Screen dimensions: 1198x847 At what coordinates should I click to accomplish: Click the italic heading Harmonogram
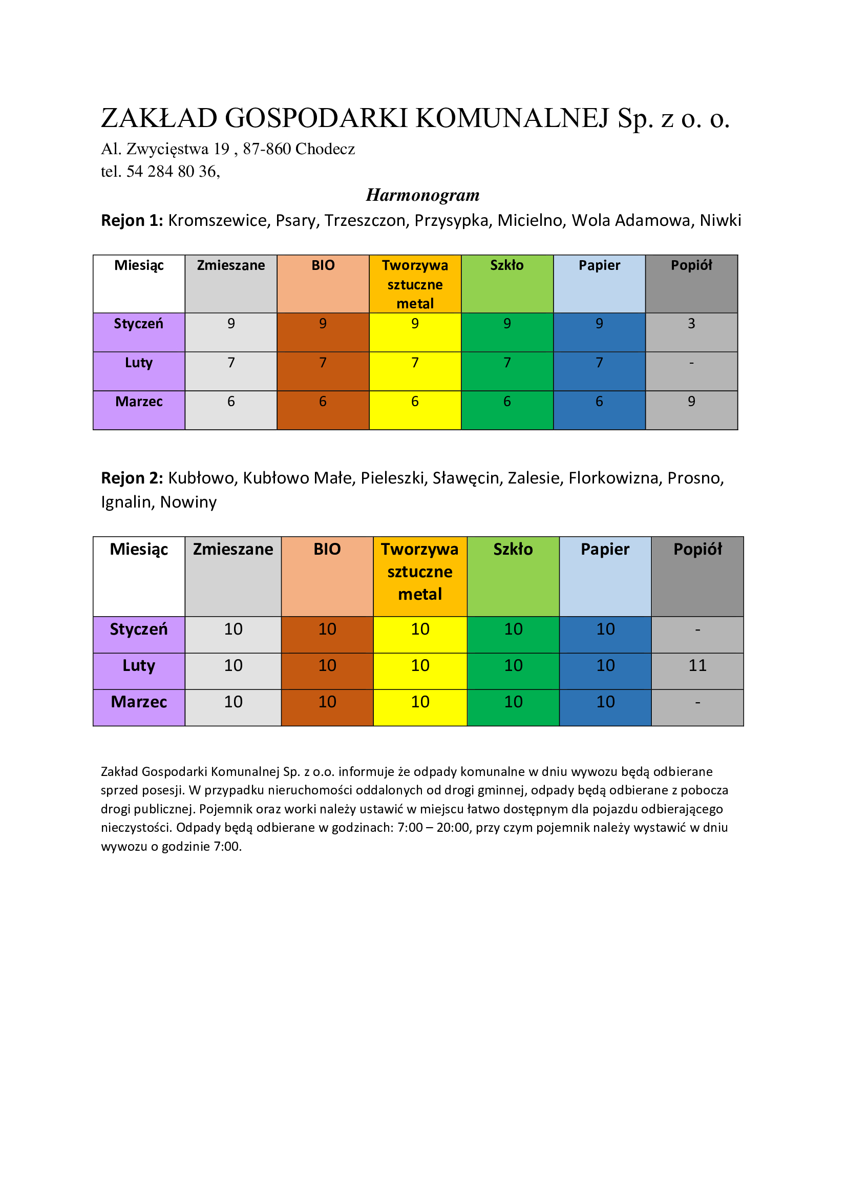422,195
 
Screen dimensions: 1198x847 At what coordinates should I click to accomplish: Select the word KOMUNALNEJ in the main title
512,118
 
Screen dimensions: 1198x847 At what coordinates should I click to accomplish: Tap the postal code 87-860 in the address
266,149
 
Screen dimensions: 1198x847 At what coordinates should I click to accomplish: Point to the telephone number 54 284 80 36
172,172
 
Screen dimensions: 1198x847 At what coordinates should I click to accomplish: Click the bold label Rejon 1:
132,221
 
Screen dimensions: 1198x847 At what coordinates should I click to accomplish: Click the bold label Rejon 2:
132,478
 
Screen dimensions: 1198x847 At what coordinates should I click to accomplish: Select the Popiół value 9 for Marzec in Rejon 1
691,402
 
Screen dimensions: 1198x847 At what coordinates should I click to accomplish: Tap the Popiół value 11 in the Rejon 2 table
697,666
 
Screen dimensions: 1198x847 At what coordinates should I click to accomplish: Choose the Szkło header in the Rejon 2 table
513,550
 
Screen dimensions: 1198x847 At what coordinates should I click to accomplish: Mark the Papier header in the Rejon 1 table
599,266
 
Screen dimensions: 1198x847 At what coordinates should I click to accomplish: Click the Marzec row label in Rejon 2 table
139,702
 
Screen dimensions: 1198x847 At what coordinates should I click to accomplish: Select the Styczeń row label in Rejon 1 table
139,324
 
